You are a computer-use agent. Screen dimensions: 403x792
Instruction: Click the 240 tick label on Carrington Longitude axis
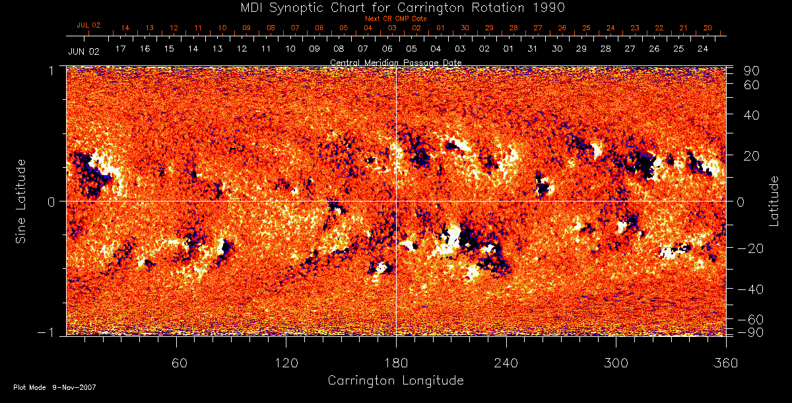[x=506, y=363]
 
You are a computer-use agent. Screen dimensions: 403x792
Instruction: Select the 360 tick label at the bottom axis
[x=726, y=363]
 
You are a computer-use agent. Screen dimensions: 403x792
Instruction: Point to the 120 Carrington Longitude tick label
[x=286, y=363]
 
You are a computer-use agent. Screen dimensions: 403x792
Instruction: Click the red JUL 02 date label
[x=88, y=25]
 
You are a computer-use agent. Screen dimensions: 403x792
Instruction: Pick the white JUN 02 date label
[x=83, y=51]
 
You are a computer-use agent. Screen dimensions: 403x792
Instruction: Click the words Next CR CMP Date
[x=396, y=18]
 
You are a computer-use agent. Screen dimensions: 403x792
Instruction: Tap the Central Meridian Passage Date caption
[x=395, y=62]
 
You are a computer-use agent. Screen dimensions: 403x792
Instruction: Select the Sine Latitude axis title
[x=21, y=201]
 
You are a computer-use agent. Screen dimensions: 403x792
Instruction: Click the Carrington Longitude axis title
[x=395, y=381]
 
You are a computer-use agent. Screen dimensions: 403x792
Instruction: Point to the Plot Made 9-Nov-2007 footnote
[x=55, y=387]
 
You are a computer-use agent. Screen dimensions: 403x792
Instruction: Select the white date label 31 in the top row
[x=533, y=50]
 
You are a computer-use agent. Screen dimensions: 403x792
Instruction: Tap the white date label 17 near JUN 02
[x=120, y=50]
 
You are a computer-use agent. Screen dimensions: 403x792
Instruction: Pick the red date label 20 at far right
[x=708, y=28]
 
